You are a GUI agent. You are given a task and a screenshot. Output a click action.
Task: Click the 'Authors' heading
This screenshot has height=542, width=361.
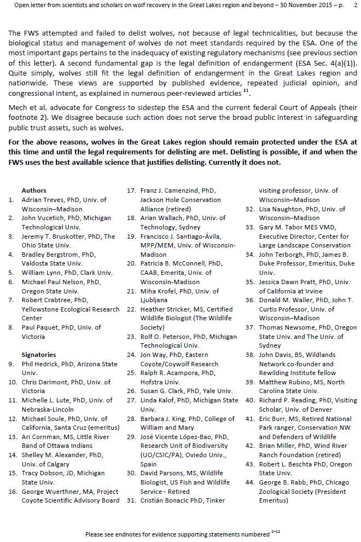tap(33, 191)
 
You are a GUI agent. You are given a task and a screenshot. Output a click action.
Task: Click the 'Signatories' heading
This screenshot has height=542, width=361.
tap(38, 355)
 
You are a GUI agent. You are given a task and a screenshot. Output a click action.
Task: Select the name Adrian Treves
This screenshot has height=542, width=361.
tap(42, 200)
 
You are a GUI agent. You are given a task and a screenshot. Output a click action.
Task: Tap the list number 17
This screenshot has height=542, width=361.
tap(131, 191)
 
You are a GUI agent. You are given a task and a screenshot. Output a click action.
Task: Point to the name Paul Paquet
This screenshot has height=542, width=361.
tap(39, 327)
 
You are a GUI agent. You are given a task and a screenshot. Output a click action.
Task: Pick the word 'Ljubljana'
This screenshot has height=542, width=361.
tap(156, 300)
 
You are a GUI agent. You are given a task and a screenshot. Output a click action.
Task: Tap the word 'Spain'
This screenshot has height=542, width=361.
tap(149, 464)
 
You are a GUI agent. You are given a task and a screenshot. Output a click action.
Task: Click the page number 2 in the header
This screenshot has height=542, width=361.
tap(355, 5)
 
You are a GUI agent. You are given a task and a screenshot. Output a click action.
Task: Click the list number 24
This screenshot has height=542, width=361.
tap(131, 355)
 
